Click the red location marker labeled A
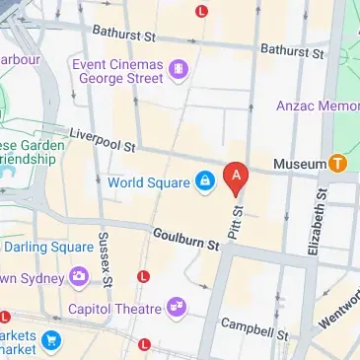236,178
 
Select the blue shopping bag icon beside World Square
204,181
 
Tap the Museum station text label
300,162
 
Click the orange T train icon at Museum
339,162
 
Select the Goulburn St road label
185,241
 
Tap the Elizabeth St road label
318,224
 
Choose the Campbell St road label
253,328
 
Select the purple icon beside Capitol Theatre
177,308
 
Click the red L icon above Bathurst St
202,11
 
